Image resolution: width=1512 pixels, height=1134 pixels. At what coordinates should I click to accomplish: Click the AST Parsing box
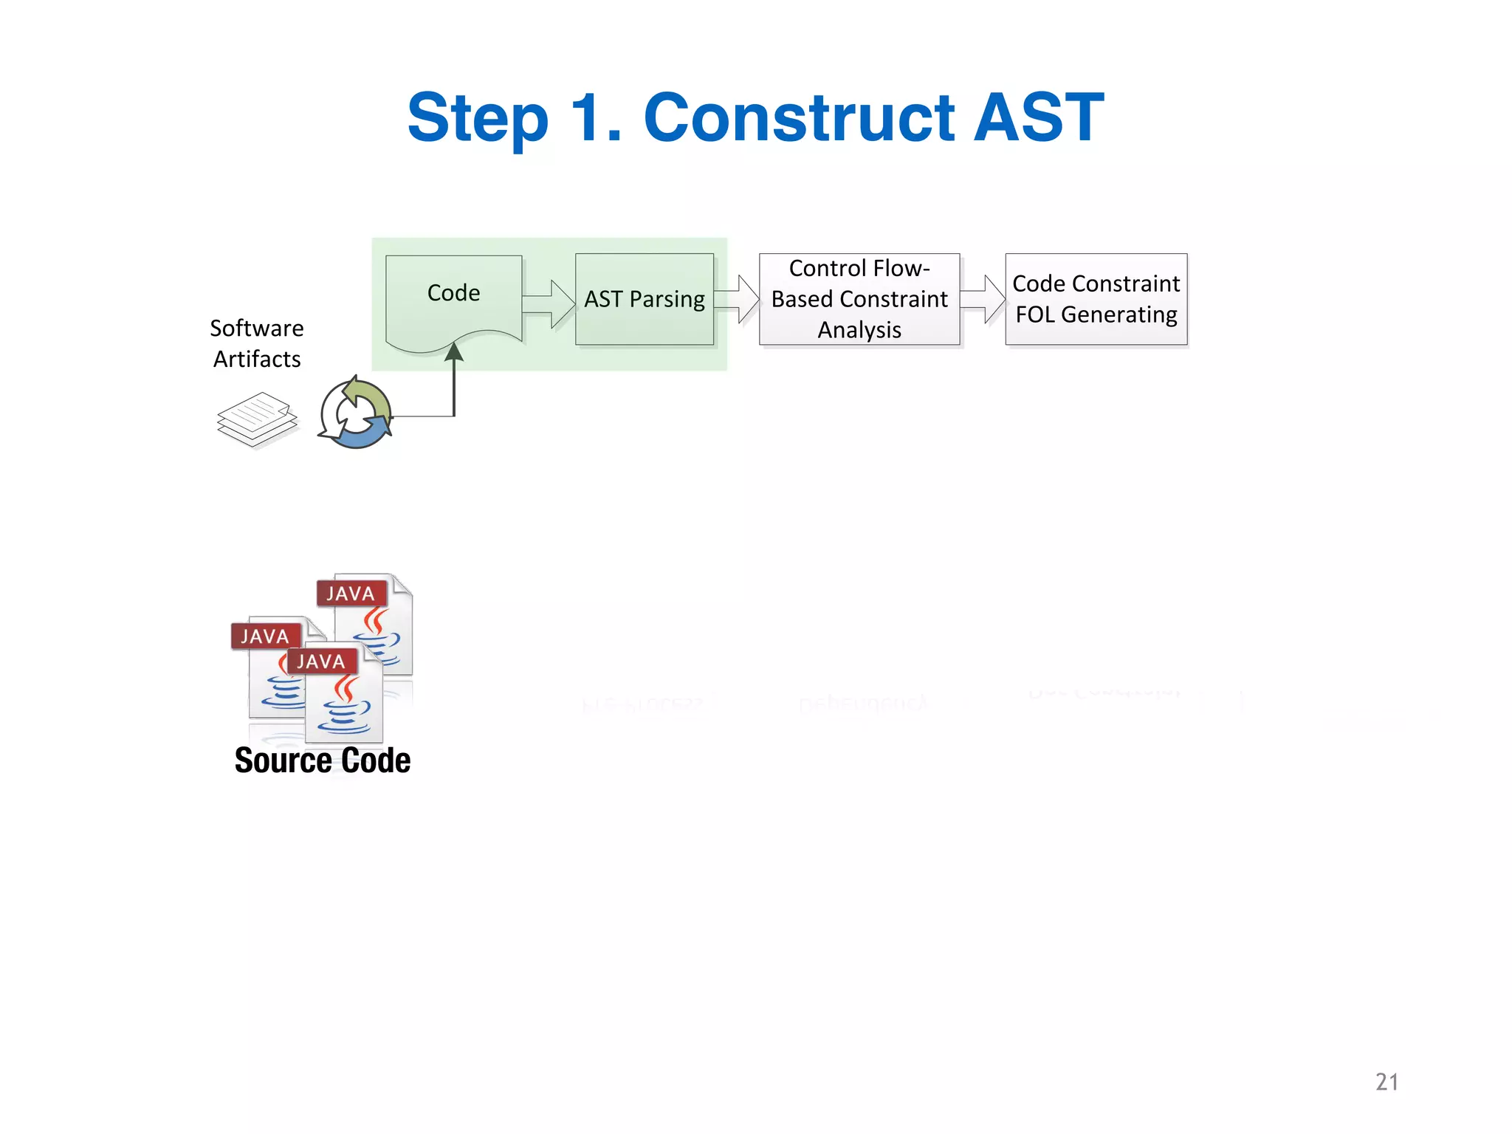click(645, 299)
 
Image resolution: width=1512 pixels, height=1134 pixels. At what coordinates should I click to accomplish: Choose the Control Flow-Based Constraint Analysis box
click(859, 299)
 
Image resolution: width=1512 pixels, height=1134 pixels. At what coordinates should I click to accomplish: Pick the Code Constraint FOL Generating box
click(1096, 299)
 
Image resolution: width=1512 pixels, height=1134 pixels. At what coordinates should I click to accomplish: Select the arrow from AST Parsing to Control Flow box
click(738, 299)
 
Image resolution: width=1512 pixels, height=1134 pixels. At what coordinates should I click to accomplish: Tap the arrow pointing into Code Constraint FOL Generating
click(983, 299)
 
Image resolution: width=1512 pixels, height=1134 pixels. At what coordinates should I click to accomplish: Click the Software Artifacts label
click(257, 343)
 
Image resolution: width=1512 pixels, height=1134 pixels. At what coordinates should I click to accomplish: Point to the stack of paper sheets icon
click(257, 419)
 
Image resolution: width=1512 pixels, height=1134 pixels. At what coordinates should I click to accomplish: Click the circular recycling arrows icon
click(356, 414)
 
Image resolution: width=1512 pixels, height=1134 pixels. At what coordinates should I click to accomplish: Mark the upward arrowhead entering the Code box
click(454, 351)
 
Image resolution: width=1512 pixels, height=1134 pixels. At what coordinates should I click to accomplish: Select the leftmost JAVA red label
click(264, 636)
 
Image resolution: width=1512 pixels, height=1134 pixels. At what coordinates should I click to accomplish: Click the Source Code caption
click(323, 760)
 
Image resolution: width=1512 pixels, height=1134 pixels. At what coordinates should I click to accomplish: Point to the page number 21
click(1386, 1082)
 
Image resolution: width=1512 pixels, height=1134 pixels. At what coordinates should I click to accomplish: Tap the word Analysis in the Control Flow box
click(859, 330)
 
